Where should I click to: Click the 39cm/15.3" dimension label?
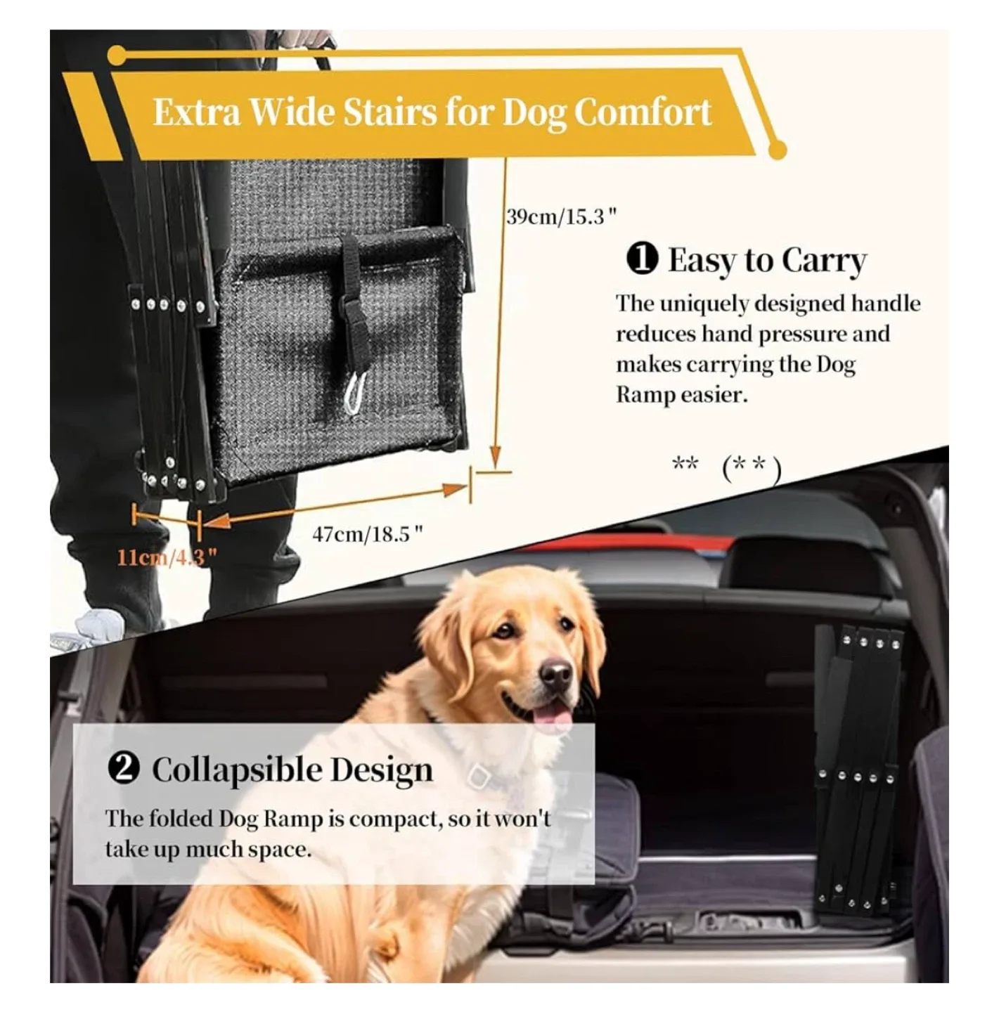tap(561, 216)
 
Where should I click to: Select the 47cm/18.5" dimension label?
tap(368, 534)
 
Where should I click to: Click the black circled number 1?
tap(642, 260)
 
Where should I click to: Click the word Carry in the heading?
tap(823, 261)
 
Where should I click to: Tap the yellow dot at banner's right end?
tap(777, 150)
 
